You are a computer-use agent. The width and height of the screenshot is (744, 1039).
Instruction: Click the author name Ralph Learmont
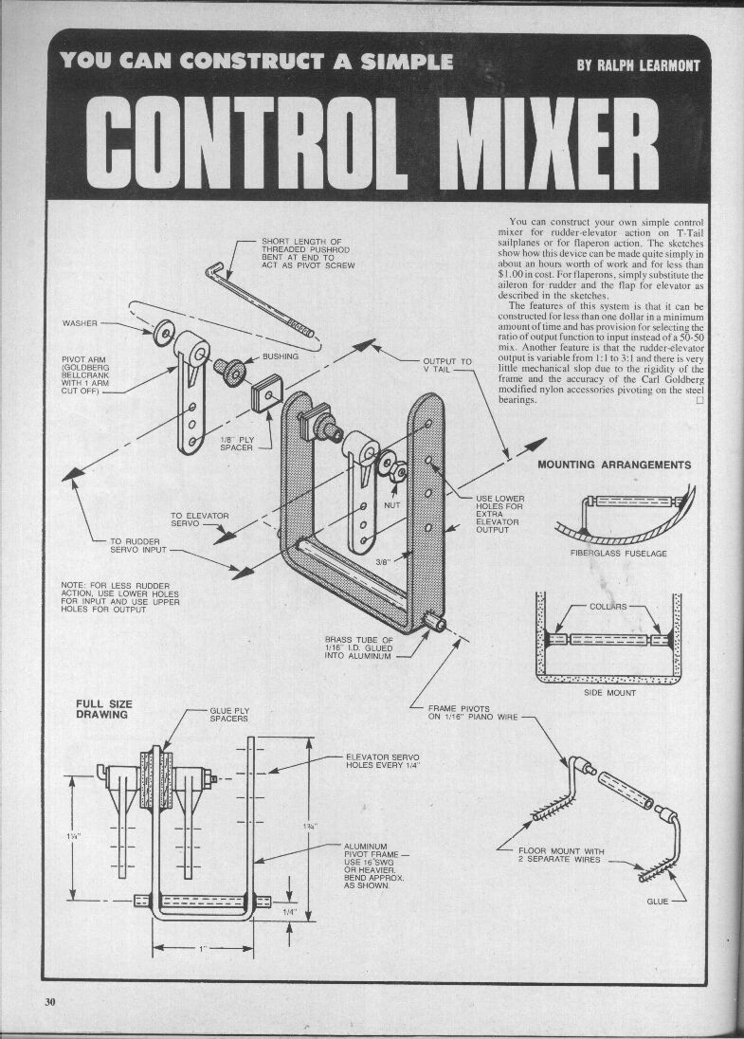tap(638, 64)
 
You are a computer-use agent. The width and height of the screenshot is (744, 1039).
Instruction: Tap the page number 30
tap(50, 1002)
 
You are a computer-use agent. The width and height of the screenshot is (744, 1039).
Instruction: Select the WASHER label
tap(80, 323)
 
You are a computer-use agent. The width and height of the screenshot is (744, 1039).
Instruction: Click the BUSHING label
tap(281, 356)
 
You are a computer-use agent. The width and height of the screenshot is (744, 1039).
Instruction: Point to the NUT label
tap(392, 505)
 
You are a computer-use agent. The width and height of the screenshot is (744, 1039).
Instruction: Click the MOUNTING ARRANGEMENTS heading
tap(614, 465)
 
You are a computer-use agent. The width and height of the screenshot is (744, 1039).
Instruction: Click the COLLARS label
tap(608, 606)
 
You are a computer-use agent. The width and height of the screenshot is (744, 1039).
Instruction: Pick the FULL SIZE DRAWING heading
tap(104, 709)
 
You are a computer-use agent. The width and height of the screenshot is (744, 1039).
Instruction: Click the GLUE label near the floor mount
tap(657, 901)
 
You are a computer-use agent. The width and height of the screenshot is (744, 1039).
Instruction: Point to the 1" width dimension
tap(201, 948)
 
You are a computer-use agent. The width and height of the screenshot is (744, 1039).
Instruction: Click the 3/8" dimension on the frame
tap(383, 562)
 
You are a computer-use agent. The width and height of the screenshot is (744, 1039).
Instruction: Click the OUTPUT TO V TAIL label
tap(446, 365)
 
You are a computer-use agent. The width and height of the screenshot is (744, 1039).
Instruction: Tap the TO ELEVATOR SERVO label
tap(199, 519)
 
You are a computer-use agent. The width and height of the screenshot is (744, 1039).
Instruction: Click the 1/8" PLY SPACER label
tap(236, 444)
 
